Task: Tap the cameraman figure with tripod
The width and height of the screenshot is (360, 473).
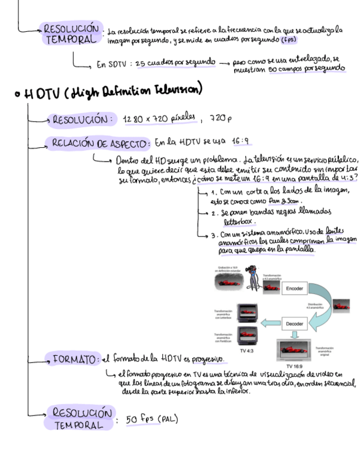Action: click(254, 277)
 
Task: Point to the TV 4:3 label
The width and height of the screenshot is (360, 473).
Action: click(246, 351)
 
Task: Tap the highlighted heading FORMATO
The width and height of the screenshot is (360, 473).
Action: click(75, 359)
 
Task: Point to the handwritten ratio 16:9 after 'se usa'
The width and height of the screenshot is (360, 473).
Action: click(241, 142)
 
